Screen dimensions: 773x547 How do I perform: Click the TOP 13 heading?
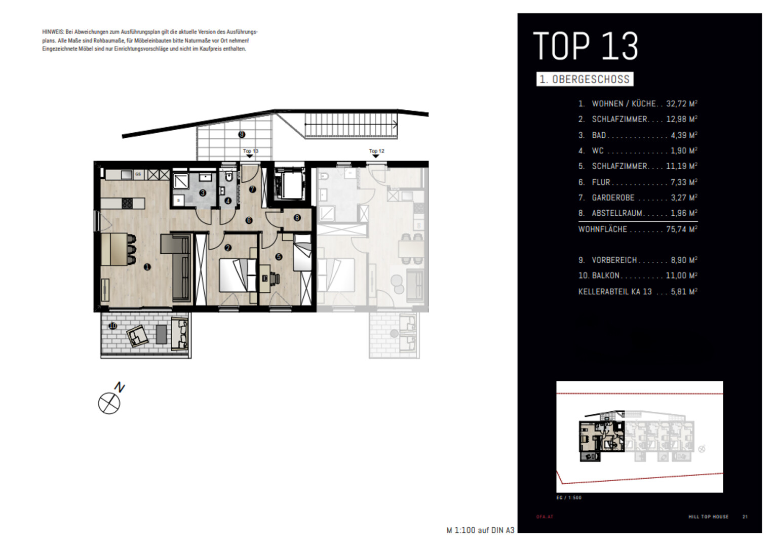point(586,46)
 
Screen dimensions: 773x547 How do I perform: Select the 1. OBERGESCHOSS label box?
point(585,79)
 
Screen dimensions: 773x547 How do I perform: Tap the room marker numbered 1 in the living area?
point(147,267)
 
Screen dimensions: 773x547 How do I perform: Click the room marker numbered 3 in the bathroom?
point(203,193)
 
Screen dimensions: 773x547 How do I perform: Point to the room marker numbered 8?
point(297,218)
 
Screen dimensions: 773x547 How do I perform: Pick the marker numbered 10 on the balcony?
point(113,326)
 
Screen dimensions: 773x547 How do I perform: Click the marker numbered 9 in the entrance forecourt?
point(242,134)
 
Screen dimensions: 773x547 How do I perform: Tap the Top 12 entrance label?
point(376,151)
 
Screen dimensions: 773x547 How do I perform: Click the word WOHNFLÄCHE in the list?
point(602,229)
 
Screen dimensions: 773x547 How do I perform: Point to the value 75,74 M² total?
point(682,229)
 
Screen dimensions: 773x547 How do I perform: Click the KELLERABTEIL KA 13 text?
point(615,292)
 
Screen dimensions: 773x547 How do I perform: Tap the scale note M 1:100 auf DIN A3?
point(480,530)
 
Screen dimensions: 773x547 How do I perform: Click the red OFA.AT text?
point(545,517)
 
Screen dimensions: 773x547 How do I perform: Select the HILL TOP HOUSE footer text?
point(709,517)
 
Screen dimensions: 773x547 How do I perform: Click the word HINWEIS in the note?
point(53,32)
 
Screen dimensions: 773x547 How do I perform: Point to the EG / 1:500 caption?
point(569,498)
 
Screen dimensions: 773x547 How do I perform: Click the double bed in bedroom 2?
point(238,275)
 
